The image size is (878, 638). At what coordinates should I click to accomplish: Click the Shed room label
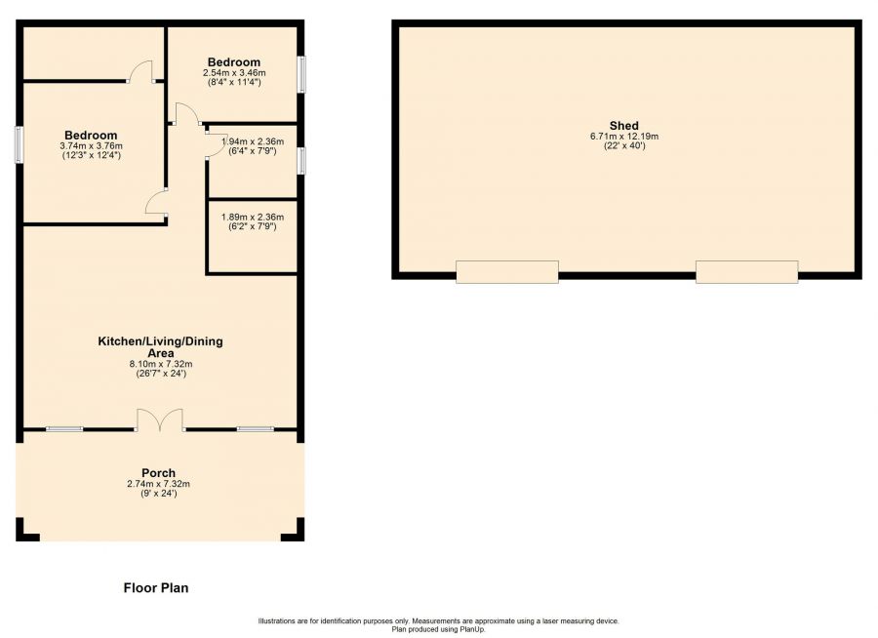click(623, 126)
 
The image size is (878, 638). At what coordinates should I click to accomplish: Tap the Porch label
click(158, 473)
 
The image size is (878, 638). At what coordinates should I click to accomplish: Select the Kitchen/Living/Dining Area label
click(161, 347)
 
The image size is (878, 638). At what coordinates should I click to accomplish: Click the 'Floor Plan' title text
click(156, 587)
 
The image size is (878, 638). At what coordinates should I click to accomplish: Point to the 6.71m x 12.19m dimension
click(623, 137)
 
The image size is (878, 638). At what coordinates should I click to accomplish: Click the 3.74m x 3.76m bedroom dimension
click(92, 145)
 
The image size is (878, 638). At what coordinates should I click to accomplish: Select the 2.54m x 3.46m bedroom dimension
click(234, 73)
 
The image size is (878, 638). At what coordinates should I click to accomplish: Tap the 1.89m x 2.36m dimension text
click(253, 217)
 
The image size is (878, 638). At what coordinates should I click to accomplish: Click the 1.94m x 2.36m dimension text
click(253, 141)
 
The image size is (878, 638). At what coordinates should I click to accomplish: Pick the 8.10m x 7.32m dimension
click(161, 364)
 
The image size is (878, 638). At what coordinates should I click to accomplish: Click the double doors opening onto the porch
click(160, 419)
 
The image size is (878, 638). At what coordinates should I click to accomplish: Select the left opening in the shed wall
click(506, 271)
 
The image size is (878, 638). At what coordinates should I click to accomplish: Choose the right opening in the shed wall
click(747, 271)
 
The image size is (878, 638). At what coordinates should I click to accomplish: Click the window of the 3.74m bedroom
click(20, 145)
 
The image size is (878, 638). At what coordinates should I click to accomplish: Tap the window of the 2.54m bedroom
click(301, 73)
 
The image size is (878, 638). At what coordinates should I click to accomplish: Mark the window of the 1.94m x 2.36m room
click(301, 160)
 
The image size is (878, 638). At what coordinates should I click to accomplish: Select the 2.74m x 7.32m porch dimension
click(158, 484)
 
